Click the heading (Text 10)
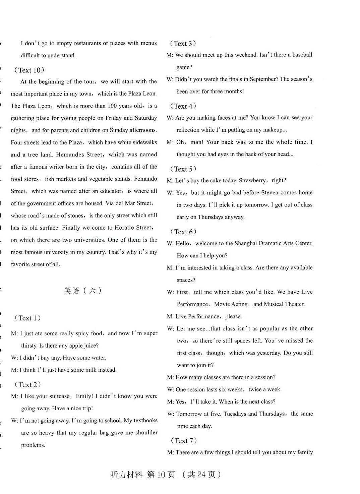click(29, 70)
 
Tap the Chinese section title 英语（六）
click(82, 291)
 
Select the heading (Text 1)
click(27, 318)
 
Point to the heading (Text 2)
click(27, 385)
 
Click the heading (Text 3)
click(183, 44)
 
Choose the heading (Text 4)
click(183, 106)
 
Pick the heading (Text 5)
click(183, 169)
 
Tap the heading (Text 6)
click(183, 232)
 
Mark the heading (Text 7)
click(183, 441)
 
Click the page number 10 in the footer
click(161, 475)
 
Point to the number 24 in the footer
click(201, 475)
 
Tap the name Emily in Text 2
click(84, 396)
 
